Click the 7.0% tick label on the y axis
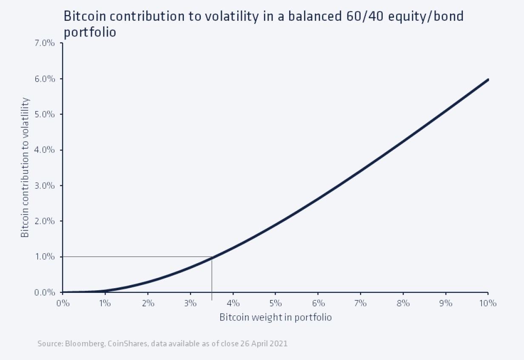(47, 43)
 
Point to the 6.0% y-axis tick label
(47, 79)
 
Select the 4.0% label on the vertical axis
(47, 150)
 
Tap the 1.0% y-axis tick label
(47, 257)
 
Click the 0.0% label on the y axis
(47, 292)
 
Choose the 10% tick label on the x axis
(487, 303)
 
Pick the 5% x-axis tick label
(276, 303)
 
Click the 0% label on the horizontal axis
(63, 303)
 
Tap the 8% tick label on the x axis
(403, 303)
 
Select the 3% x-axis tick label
(190, 303)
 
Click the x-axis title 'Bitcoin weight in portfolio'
(275, 317)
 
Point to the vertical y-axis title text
(26, 167)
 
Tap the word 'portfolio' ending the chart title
(90, 32)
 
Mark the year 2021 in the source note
(279, 343)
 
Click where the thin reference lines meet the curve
(212, 257)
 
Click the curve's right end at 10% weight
(488, 79)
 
